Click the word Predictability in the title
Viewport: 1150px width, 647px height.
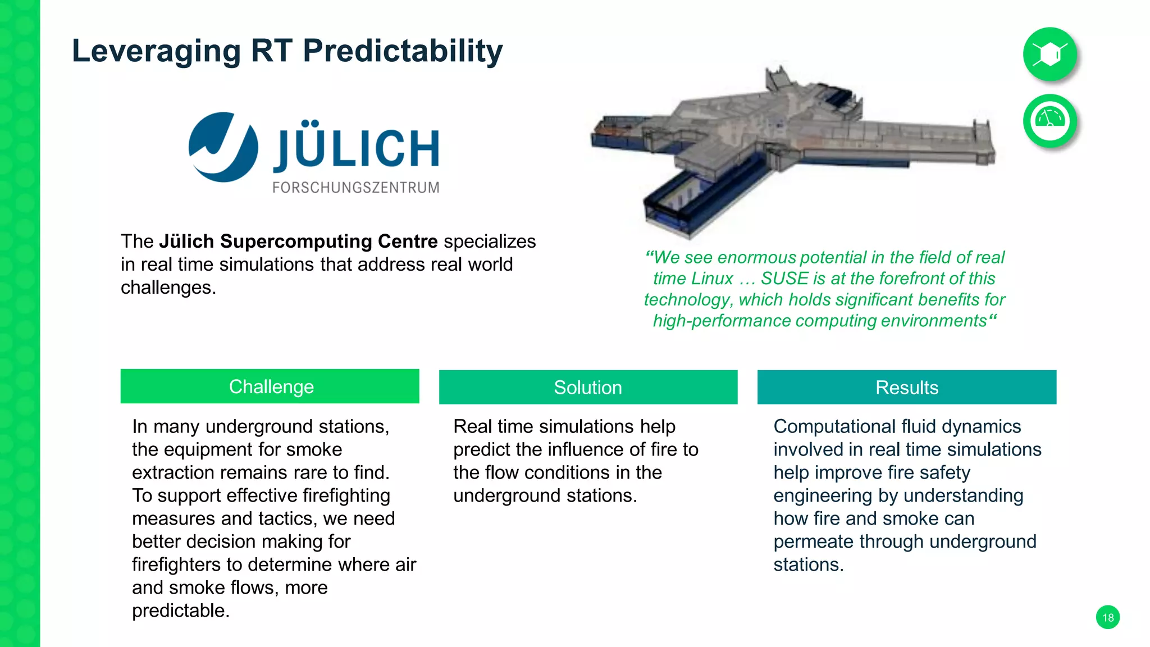[403, 51]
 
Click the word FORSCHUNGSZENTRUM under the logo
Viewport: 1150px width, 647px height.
[356, 188]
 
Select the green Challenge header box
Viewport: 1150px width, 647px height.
[270, 386]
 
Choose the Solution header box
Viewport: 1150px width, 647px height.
[588, 388]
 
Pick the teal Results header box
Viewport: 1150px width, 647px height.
[906, 388]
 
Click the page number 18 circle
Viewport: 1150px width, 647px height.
[1107, 617]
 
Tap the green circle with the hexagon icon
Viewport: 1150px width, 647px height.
[1049, 54]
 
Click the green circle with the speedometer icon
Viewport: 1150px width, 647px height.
[1049, 121]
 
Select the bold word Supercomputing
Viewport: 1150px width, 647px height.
[296, 242]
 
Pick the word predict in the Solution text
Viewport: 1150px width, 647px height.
[482, 450]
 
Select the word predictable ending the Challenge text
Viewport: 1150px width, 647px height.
[180, 610]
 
